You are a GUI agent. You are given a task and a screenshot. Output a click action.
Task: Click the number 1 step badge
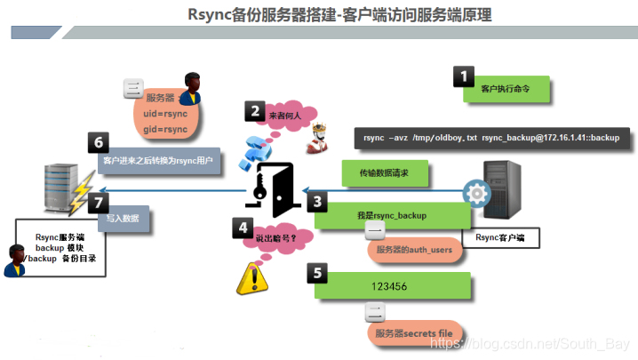464,76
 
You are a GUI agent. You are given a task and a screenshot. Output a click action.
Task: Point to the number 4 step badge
243,227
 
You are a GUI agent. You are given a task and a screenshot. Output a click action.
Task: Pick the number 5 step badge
317,272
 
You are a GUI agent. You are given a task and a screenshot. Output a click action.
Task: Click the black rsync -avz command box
492,138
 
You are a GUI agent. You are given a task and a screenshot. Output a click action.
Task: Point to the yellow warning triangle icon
251,279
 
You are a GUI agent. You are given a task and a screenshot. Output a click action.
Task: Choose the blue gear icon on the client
477,194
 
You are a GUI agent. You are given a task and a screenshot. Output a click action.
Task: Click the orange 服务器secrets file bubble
415,333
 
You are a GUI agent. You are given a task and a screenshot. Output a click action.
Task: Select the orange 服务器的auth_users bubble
416,250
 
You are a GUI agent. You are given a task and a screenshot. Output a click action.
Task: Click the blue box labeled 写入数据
124,219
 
